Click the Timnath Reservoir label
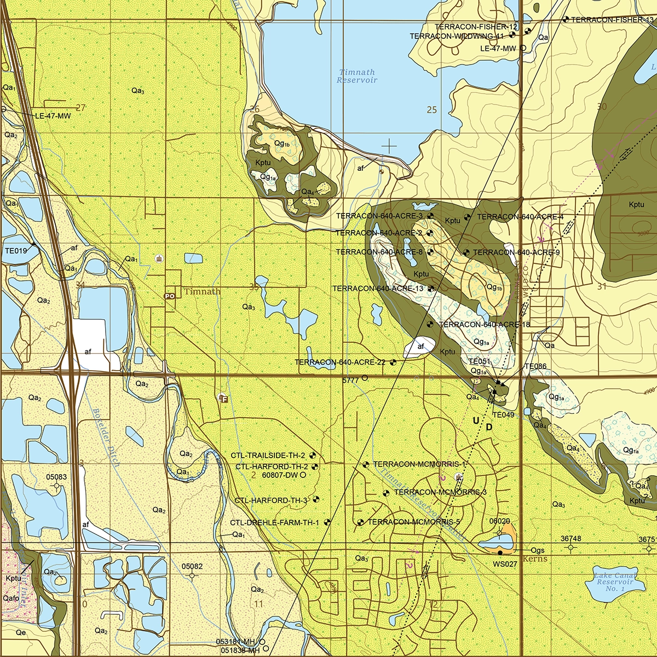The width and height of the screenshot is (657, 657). (357, 76)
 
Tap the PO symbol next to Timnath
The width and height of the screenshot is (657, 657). (169, 296)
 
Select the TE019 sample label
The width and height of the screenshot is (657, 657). (15, 251)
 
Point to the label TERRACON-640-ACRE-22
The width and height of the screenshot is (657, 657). (339, 362)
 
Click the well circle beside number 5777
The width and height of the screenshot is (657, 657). (365, 378)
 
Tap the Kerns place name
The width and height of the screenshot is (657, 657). (535, 559)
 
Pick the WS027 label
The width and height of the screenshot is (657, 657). (505, 564)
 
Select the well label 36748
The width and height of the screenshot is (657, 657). (571, 539)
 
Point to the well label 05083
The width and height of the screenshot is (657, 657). (56, 477)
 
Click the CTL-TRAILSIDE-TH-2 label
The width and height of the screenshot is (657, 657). (268, 455)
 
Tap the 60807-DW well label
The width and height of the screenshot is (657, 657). (279, 475)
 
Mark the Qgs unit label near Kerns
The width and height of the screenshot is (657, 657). (538, 550)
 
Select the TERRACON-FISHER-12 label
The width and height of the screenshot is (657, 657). (476, 27)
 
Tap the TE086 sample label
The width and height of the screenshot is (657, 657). (535, 366)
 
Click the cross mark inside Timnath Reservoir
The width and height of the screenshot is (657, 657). (389, 146)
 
